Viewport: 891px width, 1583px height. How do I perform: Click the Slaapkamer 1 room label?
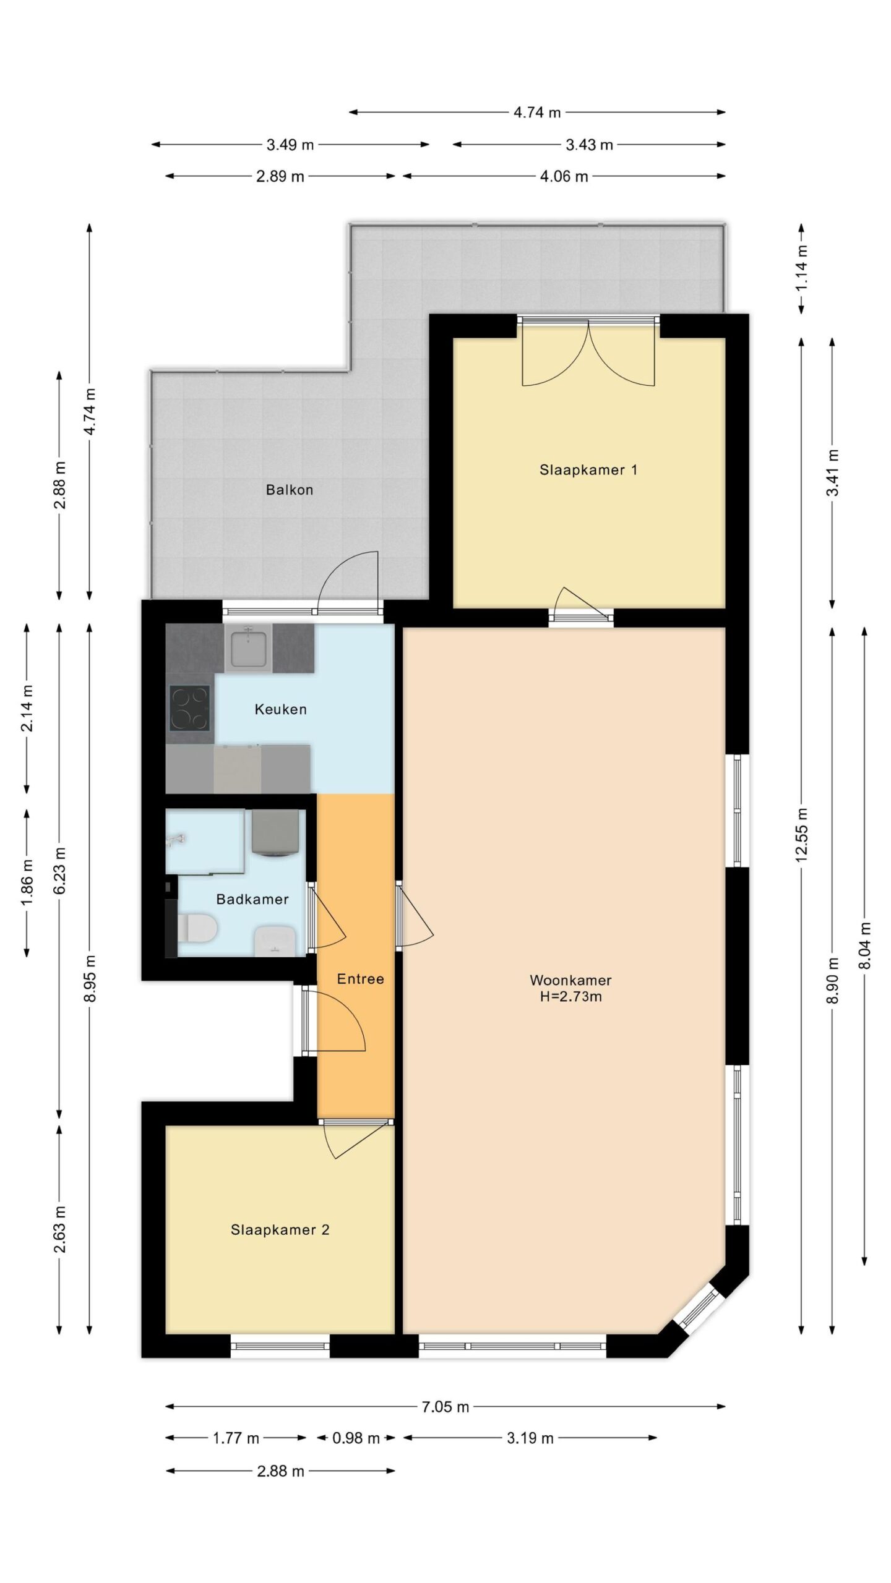588,470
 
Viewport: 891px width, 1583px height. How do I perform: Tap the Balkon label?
290,490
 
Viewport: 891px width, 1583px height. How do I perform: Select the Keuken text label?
280,709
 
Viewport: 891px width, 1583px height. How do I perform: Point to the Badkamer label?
252,899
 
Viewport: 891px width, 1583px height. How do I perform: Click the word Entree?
360,979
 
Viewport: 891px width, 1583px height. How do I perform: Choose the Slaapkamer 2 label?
280,1230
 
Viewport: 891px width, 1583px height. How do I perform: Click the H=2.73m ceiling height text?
570,996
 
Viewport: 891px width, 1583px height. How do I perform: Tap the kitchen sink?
249,647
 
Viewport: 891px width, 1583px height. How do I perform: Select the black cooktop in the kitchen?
189,709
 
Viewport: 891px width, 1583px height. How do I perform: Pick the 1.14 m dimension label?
802,268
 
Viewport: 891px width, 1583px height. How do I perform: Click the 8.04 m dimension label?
865,946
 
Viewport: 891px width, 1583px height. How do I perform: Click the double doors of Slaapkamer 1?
588,352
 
